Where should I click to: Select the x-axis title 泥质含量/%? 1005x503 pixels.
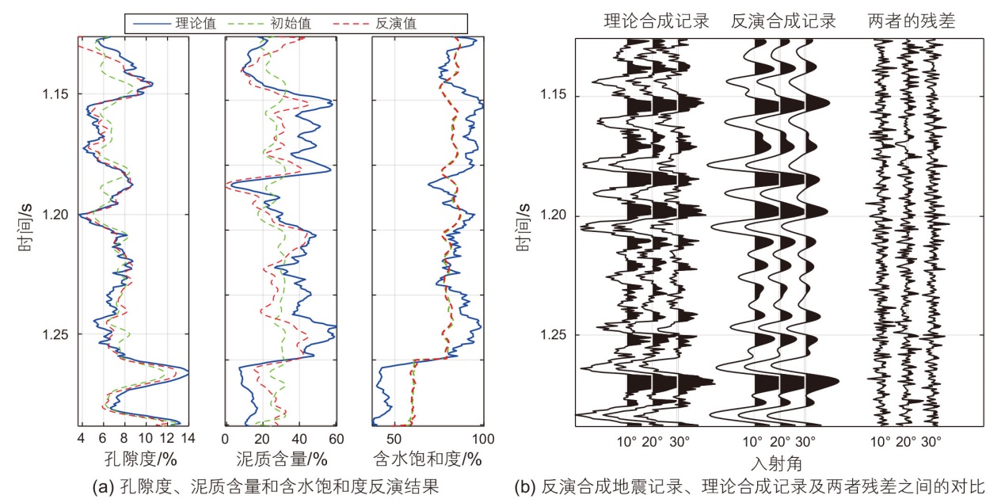281,459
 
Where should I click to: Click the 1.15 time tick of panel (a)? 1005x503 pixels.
58,94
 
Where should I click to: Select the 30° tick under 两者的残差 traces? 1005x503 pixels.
931,440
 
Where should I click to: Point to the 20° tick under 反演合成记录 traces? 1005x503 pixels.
780,440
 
